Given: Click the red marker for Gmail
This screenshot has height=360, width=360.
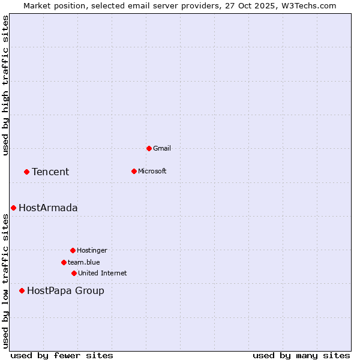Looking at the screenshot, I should (149, 148).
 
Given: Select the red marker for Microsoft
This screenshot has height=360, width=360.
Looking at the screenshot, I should (134, 171).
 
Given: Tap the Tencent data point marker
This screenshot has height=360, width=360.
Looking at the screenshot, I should (26, 172).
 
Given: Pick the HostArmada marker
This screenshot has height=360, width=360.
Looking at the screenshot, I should (13, 208).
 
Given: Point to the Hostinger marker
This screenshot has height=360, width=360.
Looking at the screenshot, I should (73, 250).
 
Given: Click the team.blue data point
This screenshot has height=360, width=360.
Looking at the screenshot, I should (64, 262).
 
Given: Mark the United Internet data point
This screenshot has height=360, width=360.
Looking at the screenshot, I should (74, 273).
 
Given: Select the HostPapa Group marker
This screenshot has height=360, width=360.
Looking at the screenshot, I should (22, 290).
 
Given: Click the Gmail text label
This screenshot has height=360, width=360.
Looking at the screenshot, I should (162, 148).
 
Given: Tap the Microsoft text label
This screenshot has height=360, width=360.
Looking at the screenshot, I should (152, 171).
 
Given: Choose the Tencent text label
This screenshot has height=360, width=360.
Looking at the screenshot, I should (50, 172).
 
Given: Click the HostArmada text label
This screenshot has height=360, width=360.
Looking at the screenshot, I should (48, 208).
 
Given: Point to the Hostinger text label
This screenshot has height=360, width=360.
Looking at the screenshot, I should (92, 250).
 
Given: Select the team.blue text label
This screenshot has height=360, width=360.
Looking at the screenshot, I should (84, 262).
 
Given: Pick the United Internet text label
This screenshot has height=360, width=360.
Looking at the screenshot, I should (103, 273).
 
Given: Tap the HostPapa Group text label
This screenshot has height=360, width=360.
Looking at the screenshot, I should (65, 291).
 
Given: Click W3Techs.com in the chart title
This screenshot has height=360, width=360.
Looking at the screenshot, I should (310, 5).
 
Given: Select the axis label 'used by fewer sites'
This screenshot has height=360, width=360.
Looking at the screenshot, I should (62, 355).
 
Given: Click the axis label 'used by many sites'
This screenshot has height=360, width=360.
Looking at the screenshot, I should (301, 355).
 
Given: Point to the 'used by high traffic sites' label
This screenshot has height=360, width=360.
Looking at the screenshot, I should (5, 85).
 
